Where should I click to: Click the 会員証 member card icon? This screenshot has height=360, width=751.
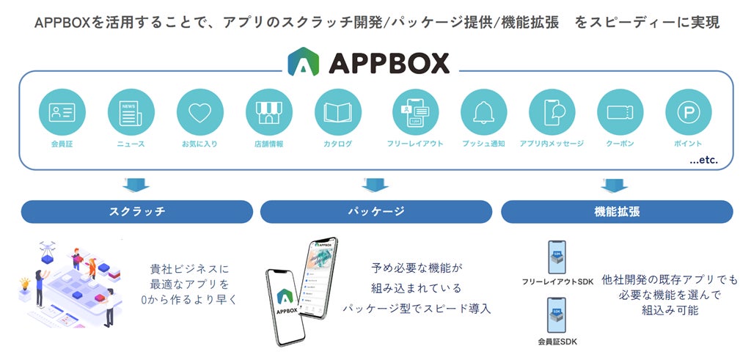point(62,112)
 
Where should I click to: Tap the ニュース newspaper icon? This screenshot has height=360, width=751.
point(131,112)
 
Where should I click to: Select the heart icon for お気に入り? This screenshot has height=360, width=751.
point(199,112)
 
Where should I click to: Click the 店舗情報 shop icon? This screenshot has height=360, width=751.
point(268,112)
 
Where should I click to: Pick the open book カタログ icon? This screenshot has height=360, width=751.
point(337,112)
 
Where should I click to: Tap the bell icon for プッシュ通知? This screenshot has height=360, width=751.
point(483,112)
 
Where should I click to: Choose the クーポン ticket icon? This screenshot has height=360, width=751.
point(620,112)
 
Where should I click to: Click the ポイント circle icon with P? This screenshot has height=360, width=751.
point(688,112)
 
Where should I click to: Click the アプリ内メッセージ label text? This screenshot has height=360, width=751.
point(552,144)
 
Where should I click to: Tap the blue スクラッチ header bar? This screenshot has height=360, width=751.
point(137,211)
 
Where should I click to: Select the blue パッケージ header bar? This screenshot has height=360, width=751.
point(375,211)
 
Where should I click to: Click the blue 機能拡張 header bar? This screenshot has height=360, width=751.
point(617,211)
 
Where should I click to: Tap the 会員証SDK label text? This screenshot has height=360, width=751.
point(557,341)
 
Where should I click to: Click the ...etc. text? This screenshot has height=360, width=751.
point(703,159)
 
